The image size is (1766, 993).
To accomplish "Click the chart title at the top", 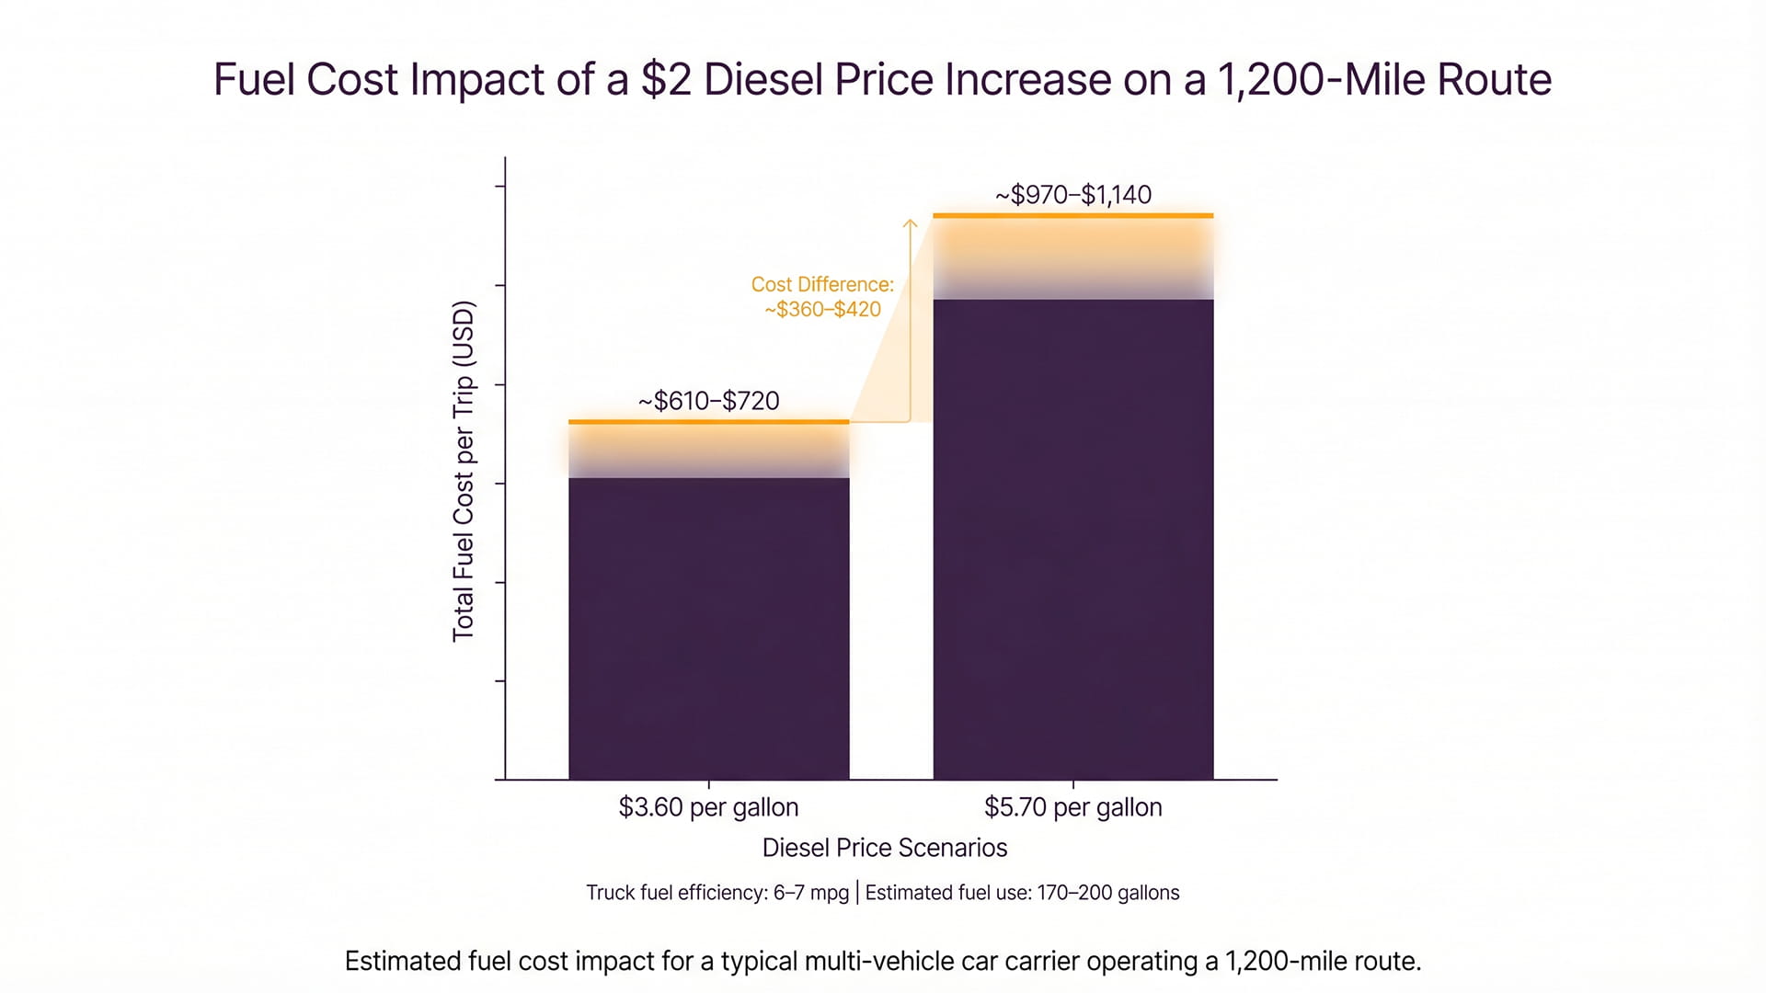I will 882,80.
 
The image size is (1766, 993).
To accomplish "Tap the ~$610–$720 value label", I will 708,401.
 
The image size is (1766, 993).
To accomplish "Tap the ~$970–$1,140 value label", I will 1072,195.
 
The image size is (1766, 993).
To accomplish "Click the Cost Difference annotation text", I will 822,297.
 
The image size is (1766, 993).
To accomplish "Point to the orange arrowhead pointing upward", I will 910,223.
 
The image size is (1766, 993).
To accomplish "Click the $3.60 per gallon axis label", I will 708,807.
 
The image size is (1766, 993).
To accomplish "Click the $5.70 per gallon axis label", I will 1072,807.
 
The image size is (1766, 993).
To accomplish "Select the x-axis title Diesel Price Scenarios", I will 884,848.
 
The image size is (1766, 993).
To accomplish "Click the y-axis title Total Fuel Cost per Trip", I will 464,471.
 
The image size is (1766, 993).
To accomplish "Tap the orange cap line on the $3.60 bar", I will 708,422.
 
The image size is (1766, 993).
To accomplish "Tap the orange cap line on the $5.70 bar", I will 1072,216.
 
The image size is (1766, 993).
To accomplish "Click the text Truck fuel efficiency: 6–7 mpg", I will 717,893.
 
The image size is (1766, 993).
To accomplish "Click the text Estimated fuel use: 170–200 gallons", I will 1022,893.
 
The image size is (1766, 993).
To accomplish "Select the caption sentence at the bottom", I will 882,962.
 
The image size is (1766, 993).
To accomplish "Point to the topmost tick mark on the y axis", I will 500,187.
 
